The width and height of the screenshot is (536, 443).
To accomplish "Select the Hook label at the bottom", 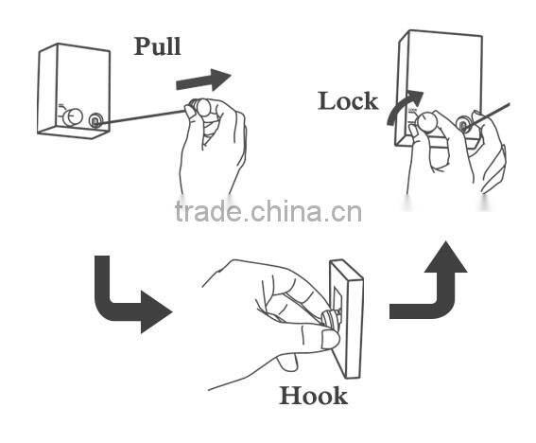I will (x=313, y=395).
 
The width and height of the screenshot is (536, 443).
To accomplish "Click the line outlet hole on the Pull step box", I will (x=96, y=121).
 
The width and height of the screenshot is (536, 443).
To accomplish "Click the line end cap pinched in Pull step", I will (x=199, y=108).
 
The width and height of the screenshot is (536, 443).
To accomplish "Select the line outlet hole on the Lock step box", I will (x=463, y=124).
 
